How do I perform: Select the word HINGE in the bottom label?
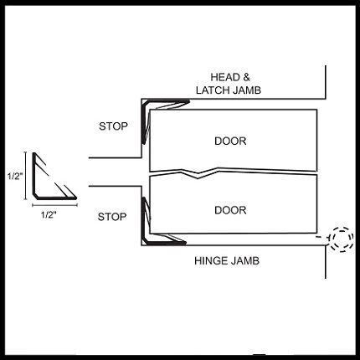[211, 261]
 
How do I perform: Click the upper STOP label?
[113, 126]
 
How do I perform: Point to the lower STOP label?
[112, 217]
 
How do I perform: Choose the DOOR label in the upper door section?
[230, 141]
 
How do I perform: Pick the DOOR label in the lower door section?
[230, 210]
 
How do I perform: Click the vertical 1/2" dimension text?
[14, 177]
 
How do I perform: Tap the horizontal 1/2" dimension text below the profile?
[49, 215]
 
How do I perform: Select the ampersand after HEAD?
[246, 77]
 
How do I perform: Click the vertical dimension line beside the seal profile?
[26, 176]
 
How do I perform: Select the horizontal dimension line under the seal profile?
[54, 205]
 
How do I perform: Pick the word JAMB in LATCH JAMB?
[247, 90]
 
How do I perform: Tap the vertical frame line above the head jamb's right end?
[326, 82]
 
